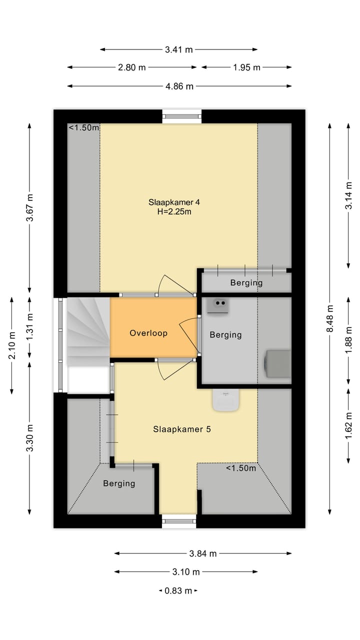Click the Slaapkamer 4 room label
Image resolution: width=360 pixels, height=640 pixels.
pyautogui.click(x=174, y=202)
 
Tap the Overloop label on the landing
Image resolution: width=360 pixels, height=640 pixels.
pyautogui.click(x=148, y=333)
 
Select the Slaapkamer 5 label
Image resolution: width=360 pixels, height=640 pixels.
pyautogui.click(x=182, y=429)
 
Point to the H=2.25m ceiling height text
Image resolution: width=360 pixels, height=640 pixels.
pyautogui.click(x=174, y=211)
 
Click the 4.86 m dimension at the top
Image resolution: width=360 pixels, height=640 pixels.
pyautogui.click(x=179, y=86)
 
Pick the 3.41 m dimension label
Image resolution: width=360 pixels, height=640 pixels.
pyautogui.click(x=179, y=49)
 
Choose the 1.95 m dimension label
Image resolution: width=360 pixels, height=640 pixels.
pyautogui.click(x=246, y=67)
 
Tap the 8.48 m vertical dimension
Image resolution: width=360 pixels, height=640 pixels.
pyautogui.click(x=329, y=318)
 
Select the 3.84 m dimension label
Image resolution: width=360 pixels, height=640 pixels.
pyautogui.click(x=203, y=553)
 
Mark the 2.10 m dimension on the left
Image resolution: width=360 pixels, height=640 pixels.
pyautogui.click(x=11, y=345)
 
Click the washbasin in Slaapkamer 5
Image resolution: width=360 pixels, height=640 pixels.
pyautogui.click(x=225, y=400)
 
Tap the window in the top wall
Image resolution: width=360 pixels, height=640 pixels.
pyautogui.click(x=181, y=116)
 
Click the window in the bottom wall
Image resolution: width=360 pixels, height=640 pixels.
pyautogui.click(x=179, y=521)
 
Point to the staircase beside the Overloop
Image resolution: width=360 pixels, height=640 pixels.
pyautogui.click(x=88, y=331)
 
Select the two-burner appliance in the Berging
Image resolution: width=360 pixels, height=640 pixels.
pyautogui.click(x=217, y=306)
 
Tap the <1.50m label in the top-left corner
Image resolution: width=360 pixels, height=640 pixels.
pyautogui.click(x=84, y=127)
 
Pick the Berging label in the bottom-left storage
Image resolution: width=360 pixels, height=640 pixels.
pyautogui.click(x=119, y=483)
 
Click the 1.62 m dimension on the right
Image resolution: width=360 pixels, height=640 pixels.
pyautogui.click(x=348, y=425)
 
